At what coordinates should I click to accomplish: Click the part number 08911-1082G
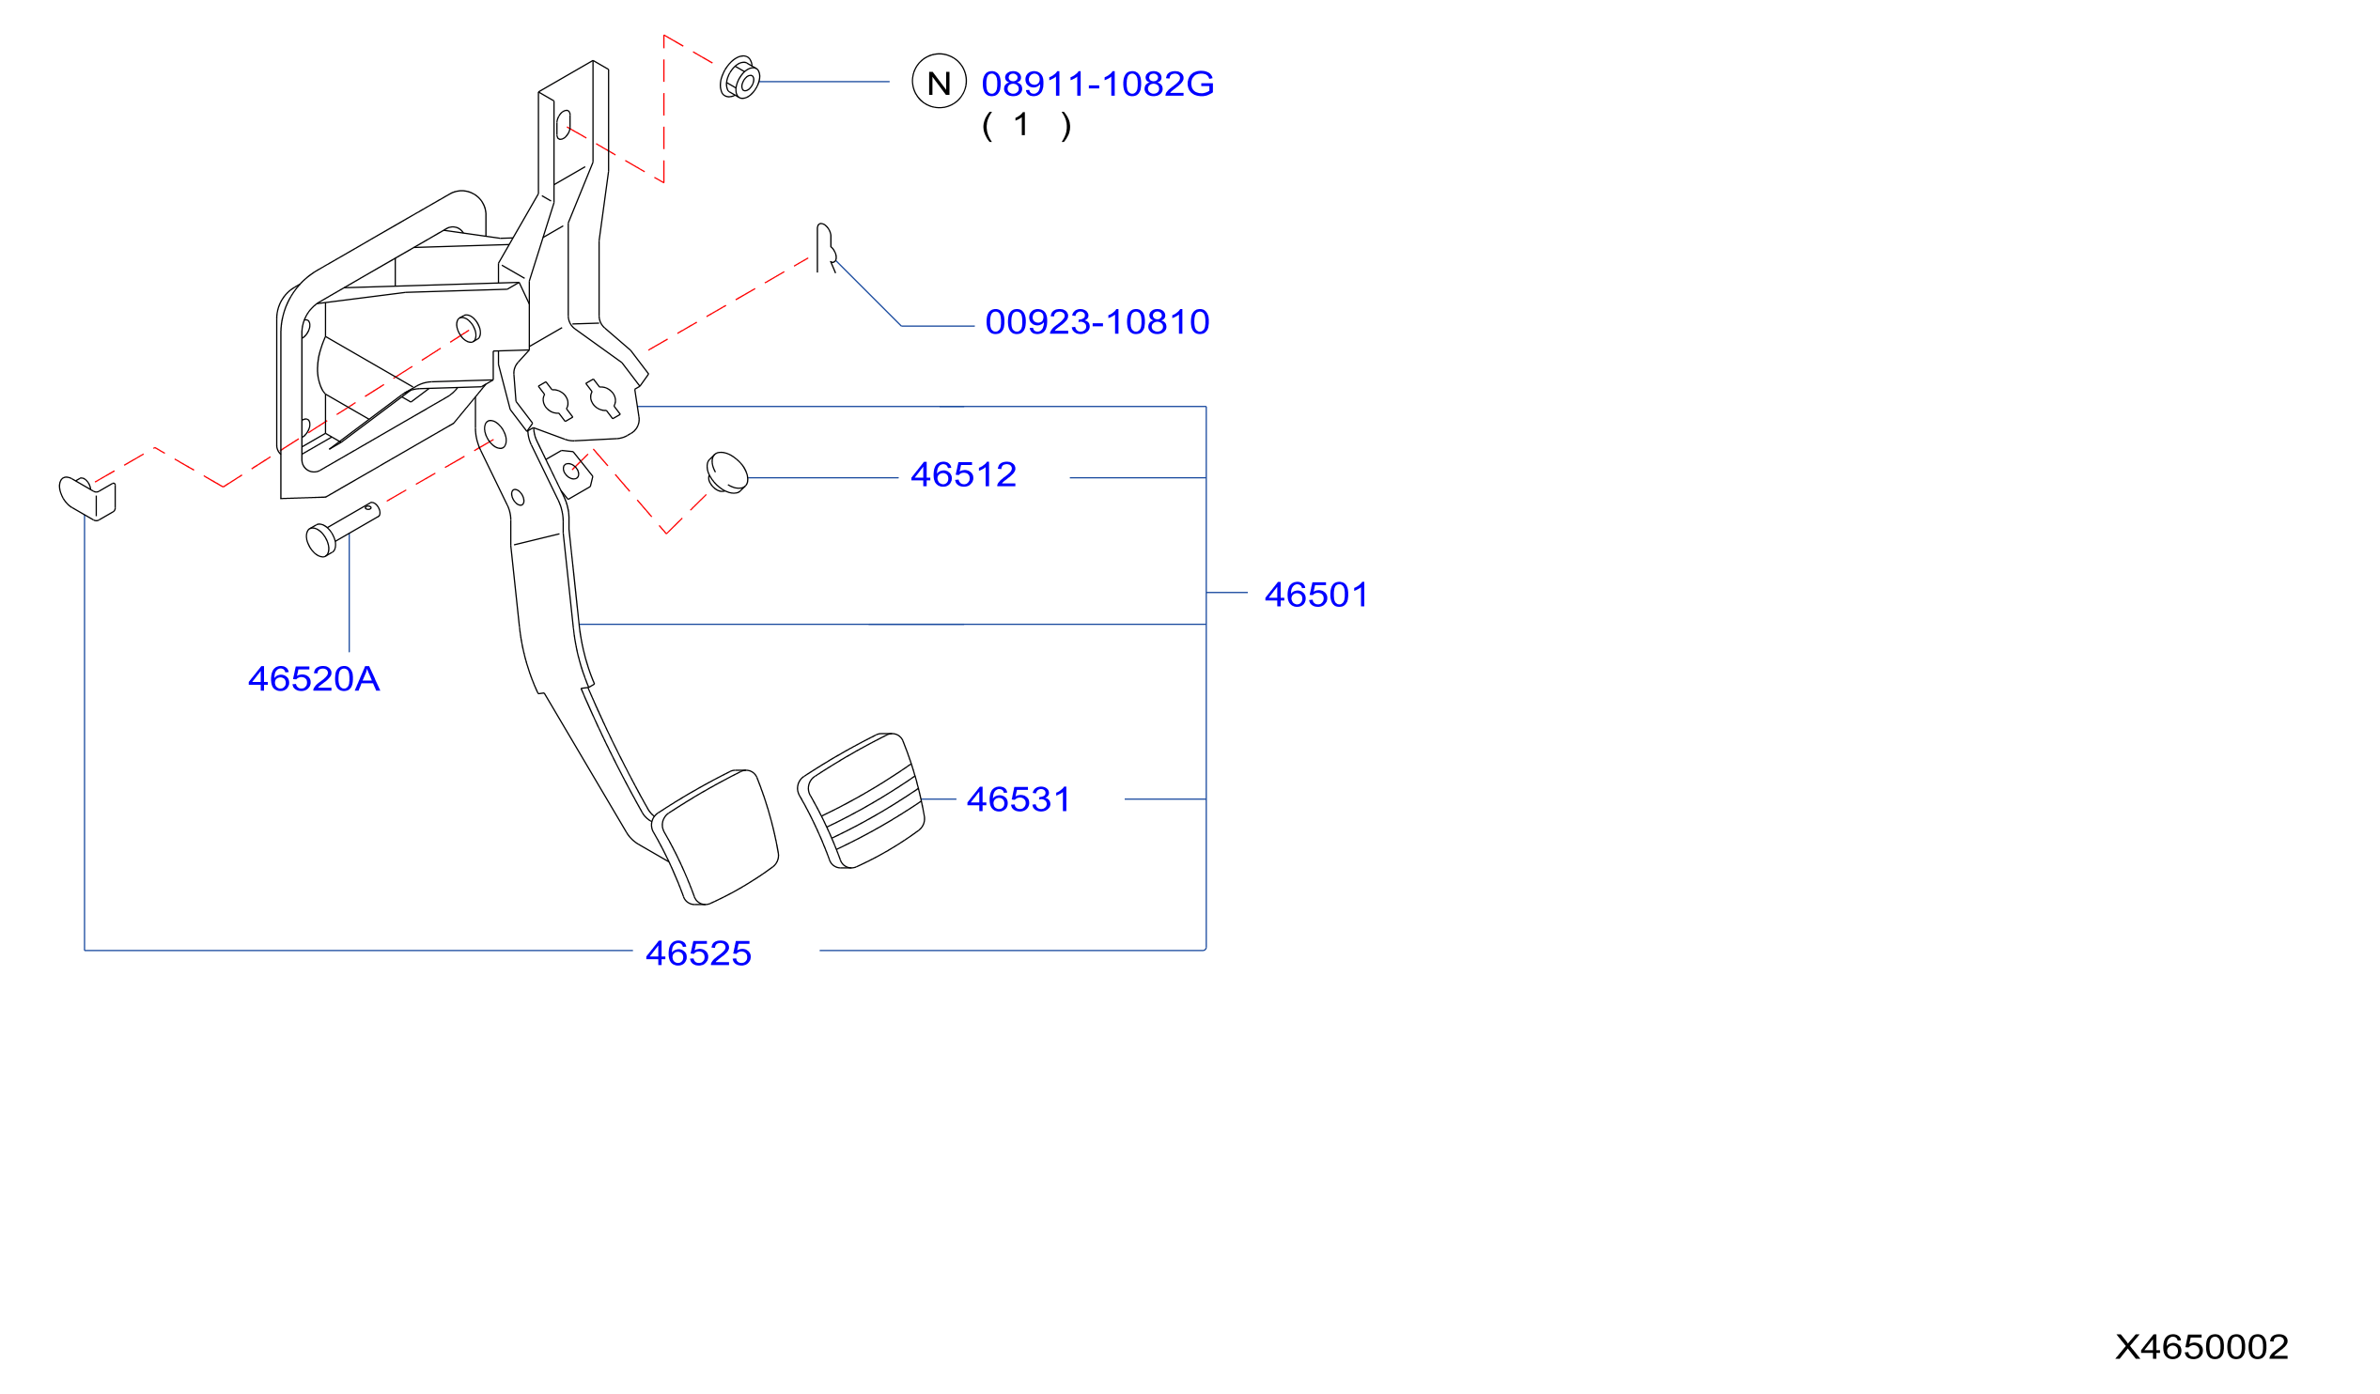[1097, 84]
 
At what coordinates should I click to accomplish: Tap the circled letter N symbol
[939, 81]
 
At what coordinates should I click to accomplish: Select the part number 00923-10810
[1097, 322]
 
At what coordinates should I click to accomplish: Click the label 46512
[963, 475]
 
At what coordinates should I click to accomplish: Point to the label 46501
[1316, 595]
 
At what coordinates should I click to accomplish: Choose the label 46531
[1019, 800]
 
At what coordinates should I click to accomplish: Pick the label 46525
[698, 953]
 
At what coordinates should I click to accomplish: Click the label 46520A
[314, 679]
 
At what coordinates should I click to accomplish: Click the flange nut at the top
[739, 77]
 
